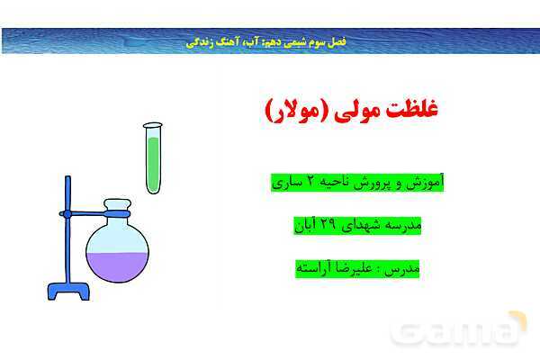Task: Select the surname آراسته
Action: (316, 267)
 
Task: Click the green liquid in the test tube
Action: (153, 162)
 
